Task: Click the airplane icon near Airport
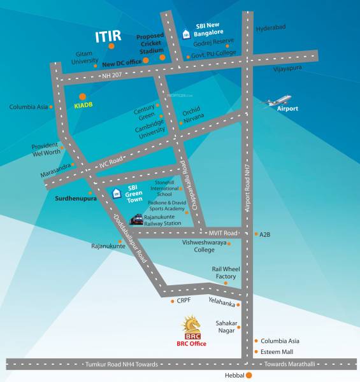point(278,101)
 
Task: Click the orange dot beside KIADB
point(82,96)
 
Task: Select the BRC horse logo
point(192,327)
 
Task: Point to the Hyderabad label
point(271,29)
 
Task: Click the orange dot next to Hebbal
point(249,375)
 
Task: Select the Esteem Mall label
point(277,351)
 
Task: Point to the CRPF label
point(185,301)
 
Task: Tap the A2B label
point(265,234)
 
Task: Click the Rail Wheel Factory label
point(224,272)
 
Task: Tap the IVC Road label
point(112,164)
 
